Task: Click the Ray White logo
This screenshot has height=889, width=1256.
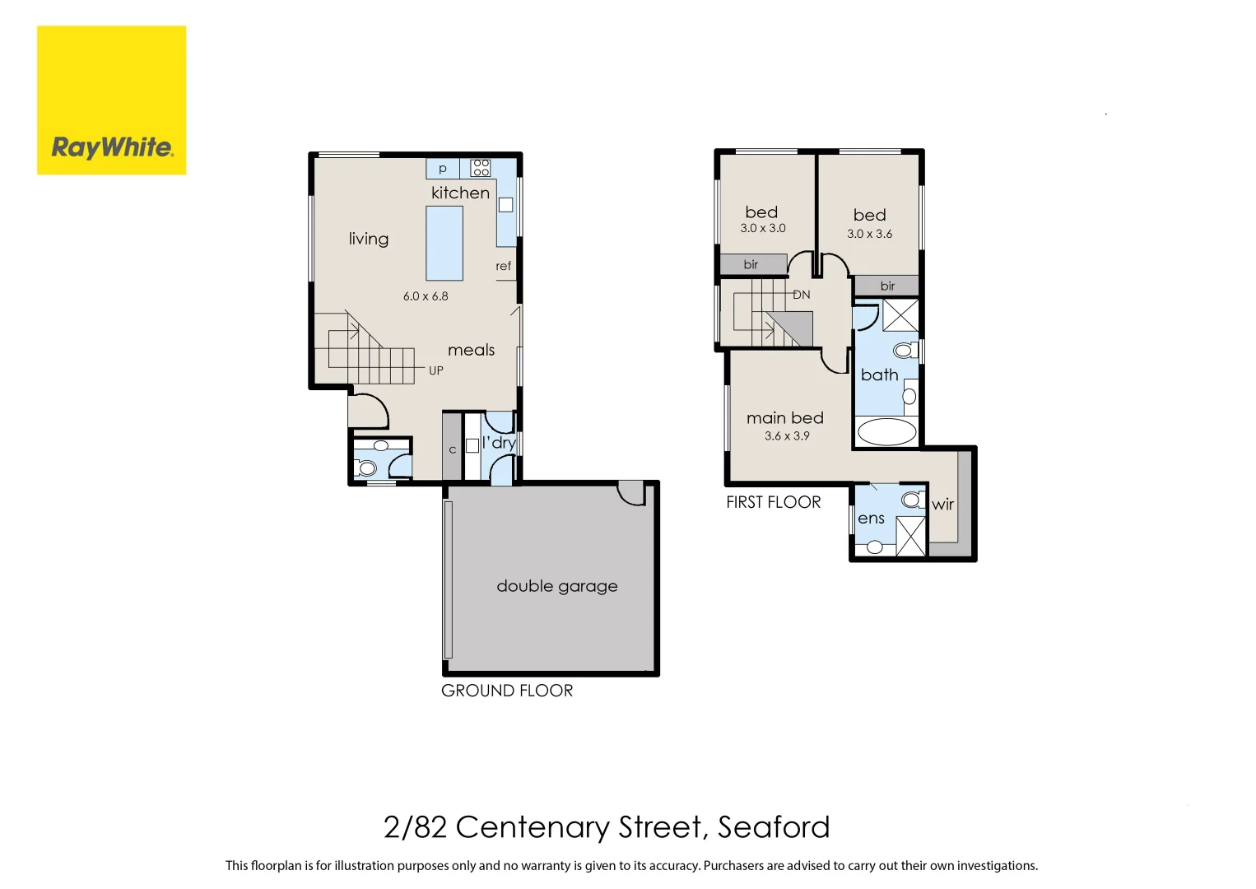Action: (111, 100)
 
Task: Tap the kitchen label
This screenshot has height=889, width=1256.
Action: (460, 193)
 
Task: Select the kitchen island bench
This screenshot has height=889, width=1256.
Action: (444, 243)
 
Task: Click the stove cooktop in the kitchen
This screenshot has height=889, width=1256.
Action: (481, 168)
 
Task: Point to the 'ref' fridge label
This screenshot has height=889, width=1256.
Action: (503, 266)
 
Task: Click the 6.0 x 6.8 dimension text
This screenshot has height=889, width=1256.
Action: (426, 296)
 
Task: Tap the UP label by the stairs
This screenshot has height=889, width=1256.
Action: (436, 370)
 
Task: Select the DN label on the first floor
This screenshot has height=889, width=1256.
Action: (802, 295)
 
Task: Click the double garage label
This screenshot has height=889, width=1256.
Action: (557, 586)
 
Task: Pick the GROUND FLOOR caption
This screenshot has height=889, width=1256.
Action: (507, 691)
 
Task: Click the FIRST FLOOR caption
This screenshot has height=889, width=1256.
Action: (774, 502)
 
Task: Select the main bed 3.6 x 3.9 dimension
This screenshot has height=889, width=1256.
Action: (787, 436)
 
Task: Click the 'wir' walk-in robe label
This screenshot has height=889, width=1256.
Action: (942, 505)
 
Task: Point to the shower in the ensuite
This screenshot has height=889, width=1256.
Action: (911, 536)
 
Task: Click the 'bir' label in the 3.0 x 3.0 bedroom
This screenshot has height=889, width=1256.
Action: (751, 264)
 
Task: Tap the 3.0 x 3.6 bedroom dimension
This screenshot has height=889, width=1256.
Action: (869, 234)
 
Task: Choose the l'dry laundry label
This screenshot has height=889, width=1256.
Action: (499, 443)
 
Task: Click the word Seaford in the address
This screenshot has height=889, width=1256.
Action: (774, 827)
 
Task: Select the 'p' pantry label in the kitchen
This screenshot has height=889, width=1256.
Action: (443, 169)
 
